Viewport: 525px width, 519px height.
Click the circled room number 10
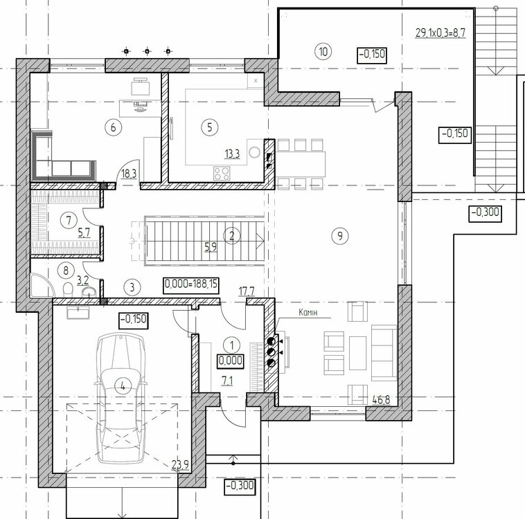323,51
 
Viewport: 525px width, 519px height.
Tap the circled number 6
113,127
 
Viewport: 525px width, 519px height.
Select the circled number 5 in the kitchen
210,127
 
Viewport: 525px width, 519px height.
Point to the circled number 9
340,235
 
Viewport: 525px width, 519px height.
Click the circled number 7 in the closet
69,220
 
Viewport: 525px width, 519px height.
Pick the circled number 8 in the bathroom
66,270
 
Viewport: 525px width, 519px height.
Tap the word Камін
308,312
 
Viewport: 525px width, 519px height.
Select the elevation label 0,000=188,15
191,285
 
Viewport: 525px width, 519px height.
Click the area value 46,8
381,399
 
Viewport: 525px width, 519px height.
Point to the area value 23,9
180,465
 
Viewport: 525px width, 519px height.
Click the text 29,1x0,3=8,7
441,33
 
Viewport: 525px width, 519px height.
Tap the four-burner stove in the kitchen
222,173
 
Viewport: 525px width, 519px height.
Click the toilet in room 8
69,289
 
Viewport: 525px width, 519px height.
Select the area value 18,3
129,174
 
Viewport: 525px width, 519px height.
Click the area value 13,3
232,154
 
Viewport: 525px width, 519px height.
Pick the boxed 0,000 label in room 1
231,361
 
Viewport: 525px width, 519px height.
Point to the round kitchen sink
254,152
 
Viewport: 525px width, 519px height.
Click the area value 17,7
247,291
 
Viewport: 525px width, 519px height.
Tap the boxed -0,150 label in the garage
134,320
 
